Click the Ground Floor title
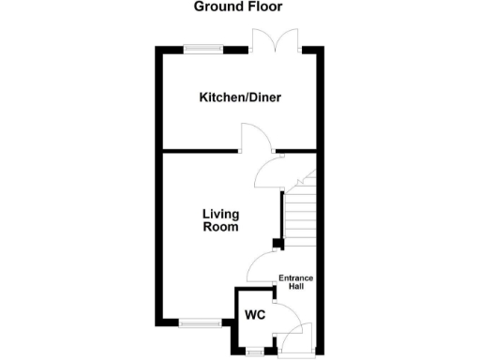pos(238,7)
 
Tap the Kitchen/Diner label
pos(239,97)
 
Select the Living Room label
pos(221,219)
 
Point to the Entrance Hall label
pos(296,282)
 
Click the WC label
pos(255,315)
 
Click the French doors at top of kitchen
pos(276,42)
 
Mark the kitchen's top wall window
pos(202,49)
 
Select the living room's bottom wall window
pos(199,323)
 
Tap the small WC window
pos(252,352)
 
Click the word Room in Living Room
pos(221,227)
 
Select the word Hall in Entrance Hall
pos(296,287)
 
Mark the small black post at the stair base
pos(277,246)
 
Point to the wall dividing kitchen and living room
pos(197,150)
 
